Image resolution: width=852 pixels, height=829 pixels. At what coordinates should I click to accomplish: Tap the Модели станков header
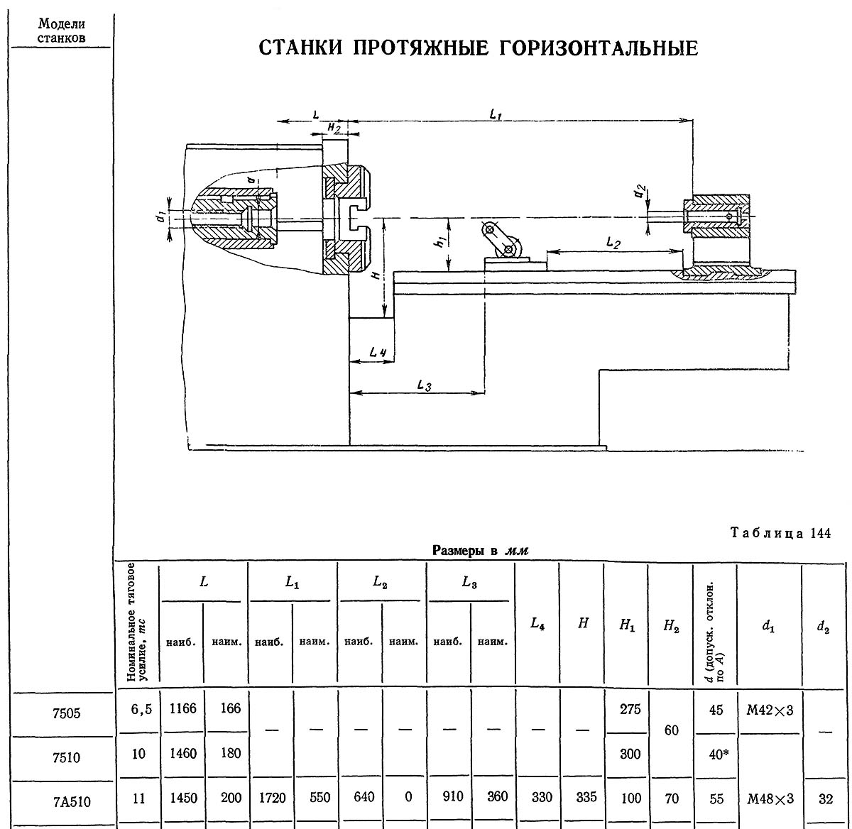(x=62, y=31)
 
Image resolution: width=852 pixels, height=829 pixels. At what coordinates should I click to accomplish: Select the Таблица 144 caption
(x=780, y=534)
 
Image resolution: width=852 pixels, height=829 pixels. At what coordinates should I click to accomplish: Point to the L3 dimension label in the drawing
(x=424, y=385)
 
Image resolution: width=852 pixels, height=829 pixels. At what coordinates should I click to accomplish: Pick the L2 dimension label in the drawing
(x=614, y=243)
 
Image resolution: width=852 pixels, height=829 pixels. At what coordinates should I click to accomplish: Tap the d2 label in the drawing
(x=640, y=191)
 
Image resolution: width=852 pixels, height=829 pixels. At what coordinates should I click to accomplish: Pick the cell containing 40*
(x=717, y=754)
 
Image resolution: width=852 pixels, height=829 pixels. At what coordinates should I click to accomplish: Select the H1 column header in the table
(x=627, y=625)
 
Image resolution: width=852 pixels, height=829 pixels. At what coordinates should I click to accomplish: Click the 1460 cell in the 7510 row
(x=182, y=754)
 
